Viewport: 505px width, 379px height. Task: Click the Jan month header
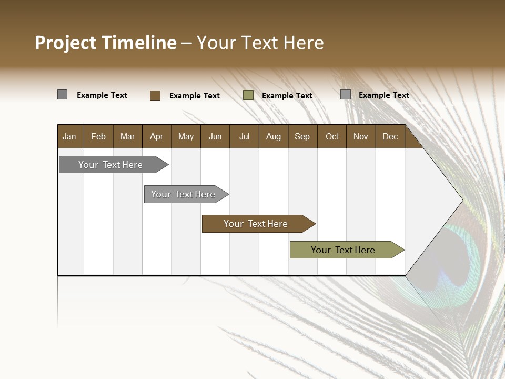69,137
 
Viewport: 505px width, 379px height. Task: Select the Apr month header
156,137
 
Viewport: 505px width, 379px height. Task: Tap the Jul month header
244,137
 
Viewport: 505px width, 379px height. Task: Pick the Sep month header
302,137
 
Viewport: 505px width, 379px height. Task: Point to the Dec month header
390,137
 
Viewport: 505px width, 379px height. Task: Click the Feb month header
98,137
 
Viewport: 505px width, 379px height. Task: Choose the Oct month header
332,137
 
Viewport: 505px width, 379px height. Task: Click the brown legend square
155,95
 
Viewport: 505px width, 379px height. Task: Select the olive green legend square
248,95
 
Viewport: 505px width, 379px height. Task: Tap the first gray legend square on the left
63,95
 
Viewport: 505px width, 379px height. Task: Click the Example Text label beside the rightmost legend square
383,95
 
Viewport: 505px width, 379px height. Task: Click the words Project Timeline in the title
105,43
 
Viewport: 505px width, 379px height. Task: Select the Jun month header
215,137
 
